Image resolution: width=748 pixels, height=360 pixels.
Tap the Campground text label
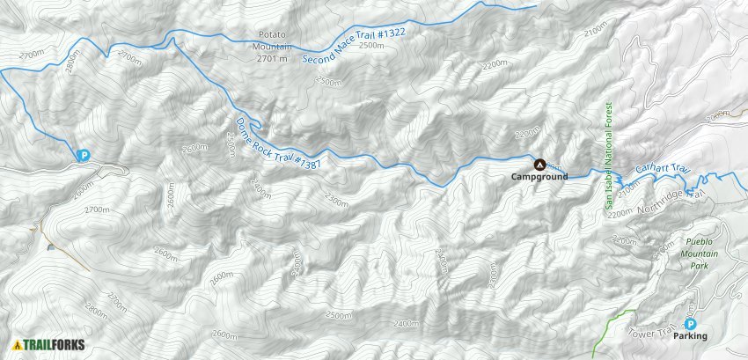(539, 177)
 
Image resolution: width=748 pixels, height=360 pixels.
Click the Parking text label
(691, 336)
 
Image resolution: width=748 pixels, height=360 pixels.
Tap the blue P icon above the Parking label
(689, 324)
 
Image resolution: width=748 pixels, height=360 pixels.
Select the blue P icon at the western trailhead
(84, 156)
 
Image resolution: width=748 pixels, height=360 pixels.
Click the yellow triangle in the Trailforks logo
(17, 345)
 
